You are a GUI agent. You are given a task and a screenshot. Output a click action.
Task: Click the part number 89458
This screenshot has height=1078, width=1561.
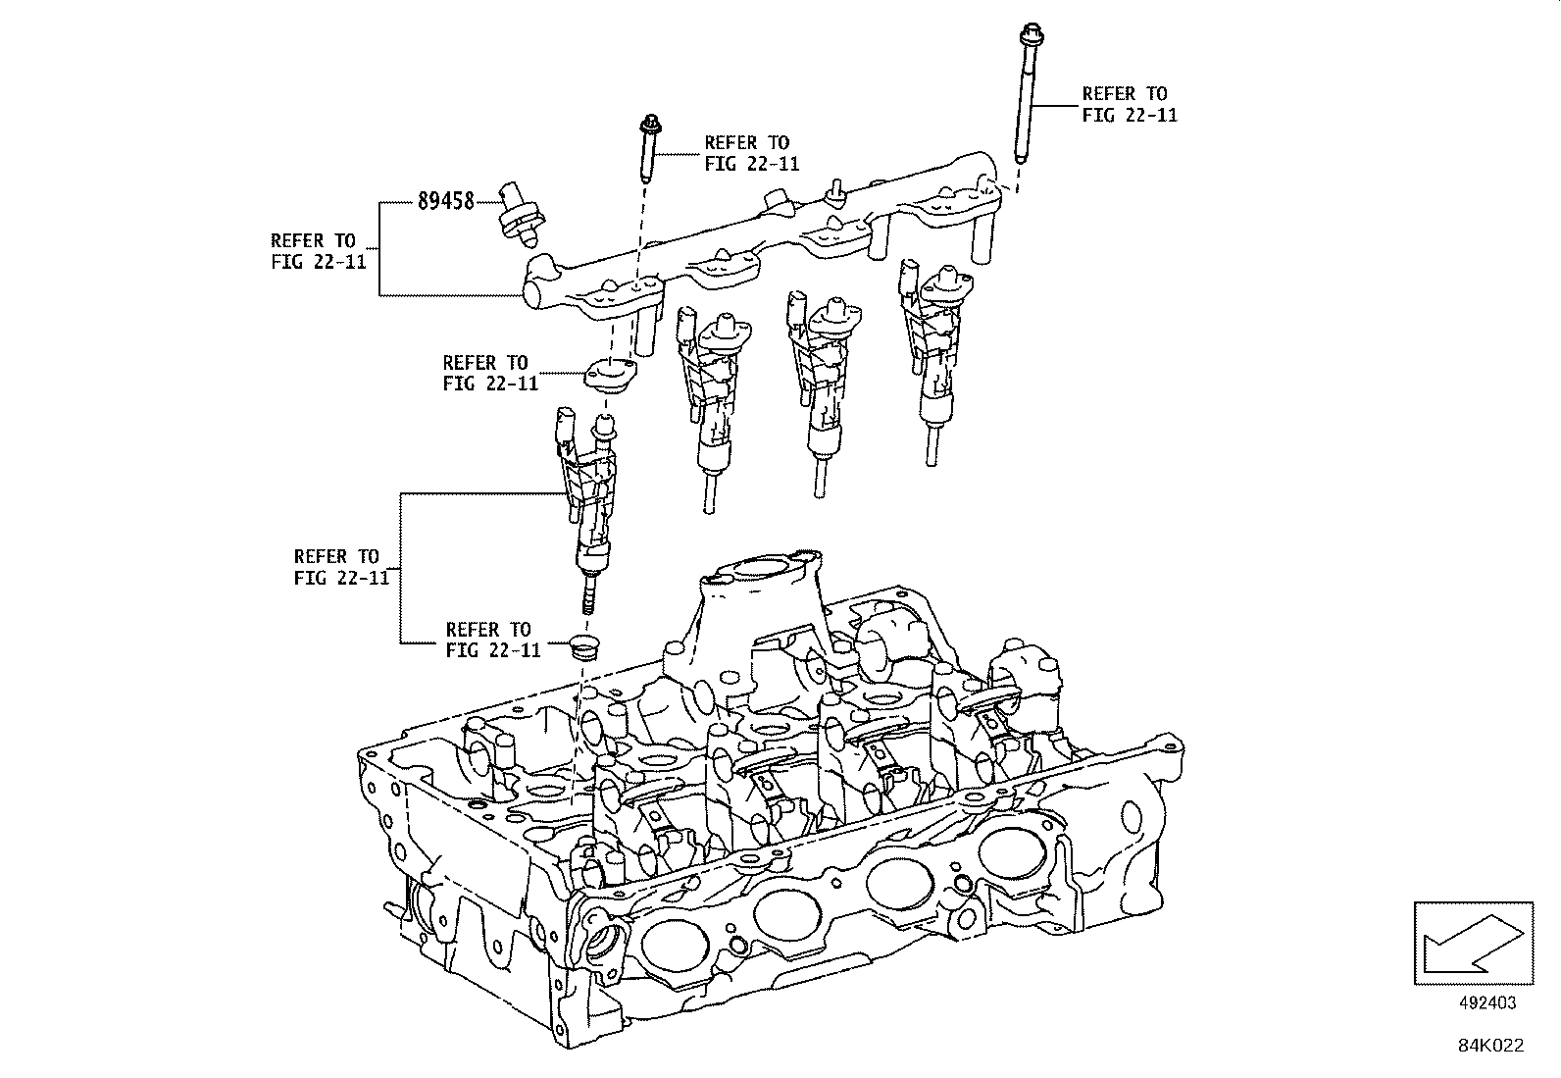(x=445, y=201)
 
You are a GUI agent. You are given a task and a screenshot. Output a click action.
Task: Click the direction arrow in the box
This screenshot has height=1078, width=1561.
(x=1472, y=942)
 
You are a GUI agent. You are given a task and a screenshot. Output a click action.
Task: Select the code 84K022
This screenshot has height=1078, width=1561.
(x=1488, y=1046)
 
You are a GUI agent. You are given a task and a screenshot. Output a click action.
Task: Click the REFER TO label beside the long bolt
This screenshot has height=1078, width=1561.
(x=1129, y=104)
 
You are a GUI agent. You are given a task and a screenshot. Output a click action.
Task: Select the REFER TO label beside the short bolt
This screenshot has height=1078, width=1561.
(x=750, y=153)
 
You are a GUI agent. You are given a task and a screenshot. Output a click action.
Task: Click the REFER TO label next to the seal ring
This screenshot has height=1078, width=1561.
(x=492, y=640)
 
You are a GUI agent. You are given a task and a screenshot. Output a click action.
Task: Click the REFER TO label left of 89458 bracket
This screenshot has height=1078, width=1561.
(x=313, y=251)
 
